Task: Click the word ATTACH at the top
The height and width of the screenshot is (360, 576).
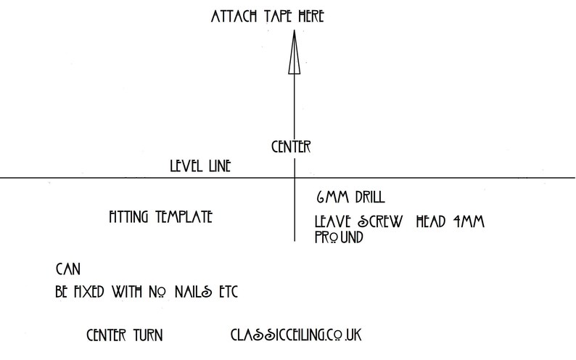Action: [234, 17]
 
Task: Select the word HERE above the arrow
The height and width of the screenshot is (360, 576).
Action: [311, 17]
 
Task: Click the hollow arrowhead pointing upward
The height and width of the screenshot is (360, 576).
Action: [295, 52]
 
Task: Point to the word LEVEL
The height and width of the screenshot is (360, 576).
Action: [186, 166]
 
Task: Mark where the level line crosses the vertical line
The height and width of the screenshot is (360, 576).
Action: [295, 178]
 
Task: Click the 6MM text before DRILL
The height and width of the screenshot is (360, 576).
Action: [332, 197]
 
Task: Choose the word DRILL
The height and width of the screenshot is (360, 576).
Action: [370, 197]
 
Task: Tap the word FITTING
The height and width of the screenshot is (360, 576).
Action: [128, 217]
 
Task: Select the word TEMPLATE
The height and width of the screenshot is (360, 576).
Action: [184, 217]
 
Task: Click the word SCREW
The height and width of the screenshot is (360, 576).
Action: [380, 221]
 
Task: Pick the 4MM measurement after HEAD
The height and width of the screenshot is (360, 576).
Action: [469, 221]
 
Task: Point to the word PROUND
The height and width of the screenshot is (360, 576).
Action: [339, 237]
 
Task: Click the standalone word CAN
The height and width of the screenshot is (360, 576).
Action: [68, 269]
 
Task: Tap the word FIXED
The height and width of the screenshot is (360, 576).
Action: [89, 292]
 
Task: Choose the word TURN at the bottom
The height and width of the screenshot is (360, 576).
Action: [148, 335]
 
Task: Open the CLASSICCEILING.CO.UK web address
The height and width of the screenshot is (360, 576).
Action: [296, 335]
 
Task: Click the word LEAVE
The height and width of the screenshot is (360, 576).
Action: [332, 221]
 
